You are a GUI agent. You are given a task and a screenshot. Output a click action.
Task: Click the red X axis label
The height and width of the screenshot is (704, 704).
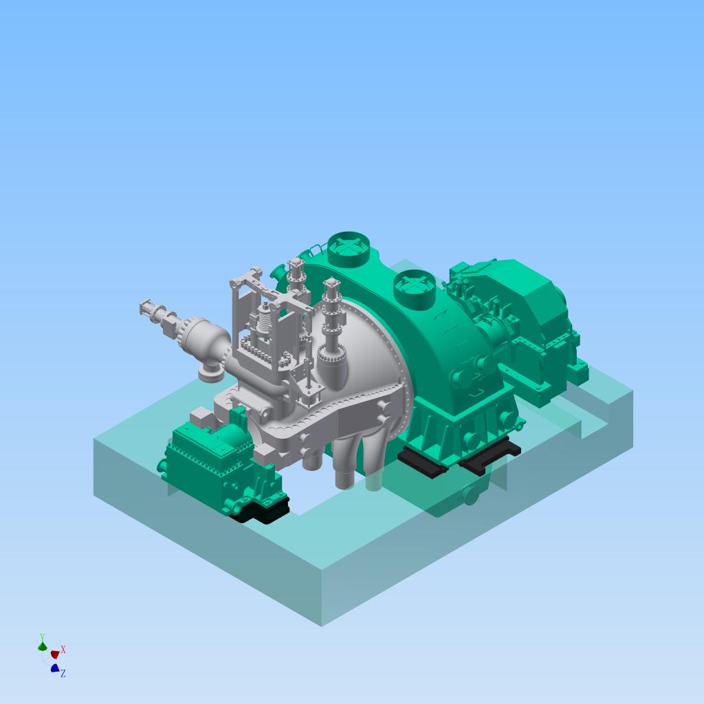pyautogui.click(x=63, y=649)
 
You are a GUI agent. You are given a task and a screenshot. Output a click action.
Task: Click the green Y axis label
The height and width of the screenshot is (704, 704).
pyautogui.click(x=42, y=637)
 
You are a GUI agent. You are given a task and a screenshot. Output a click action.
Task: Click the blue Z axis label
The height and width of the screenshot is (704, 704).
pyautogui.click(x=63, y=673)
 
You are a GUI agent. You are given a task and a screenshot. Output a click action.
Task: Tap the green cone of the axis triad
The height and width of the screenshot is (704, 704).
pyautogui.click(x=42, y=646)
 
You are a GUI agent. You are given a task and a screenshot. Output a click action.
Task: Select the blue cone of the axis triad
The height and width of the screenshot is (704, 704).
pyautogui.click(x=55, y=668)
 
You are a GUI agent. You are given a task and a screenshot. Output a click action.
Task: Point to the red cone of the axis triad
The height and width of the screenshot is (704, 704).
pyautogui.click(x=55, y=654)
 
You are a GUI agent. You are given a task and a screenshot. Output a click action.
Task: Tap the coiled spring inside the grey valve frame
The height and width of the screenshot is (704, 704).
pyautogui.click(x=265, y=320)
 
